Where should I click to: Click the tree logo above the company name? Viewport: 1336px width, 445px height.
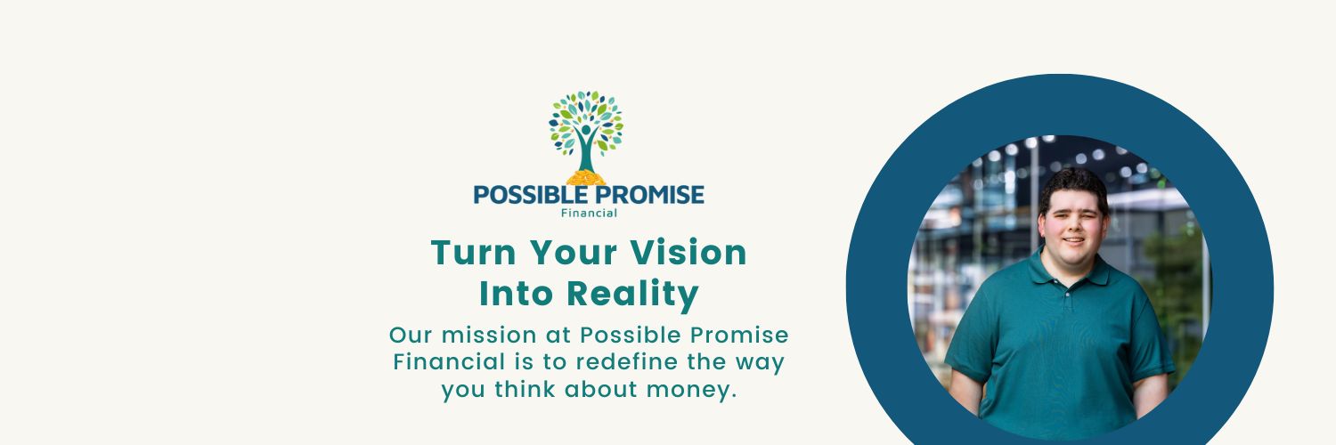[x=586, y=130]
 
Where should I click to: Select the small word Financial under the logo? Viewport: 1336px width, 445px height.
[x=589, y=213]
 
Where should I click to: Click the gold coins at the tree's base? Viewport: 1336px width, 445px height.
[x=586, y=177]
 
